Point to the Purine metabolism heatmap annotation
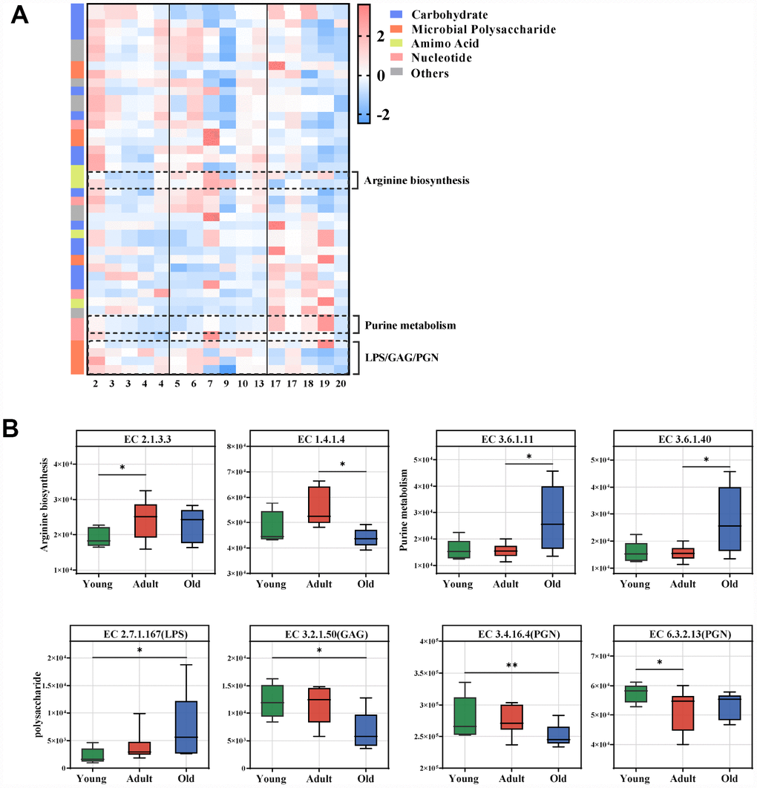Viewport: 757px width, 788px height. (x=409, y=325)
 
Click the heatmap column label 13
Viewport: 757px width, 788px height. (x=258, y=384)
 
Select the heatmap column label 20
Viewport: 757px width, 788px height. (x=341, y=384)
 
